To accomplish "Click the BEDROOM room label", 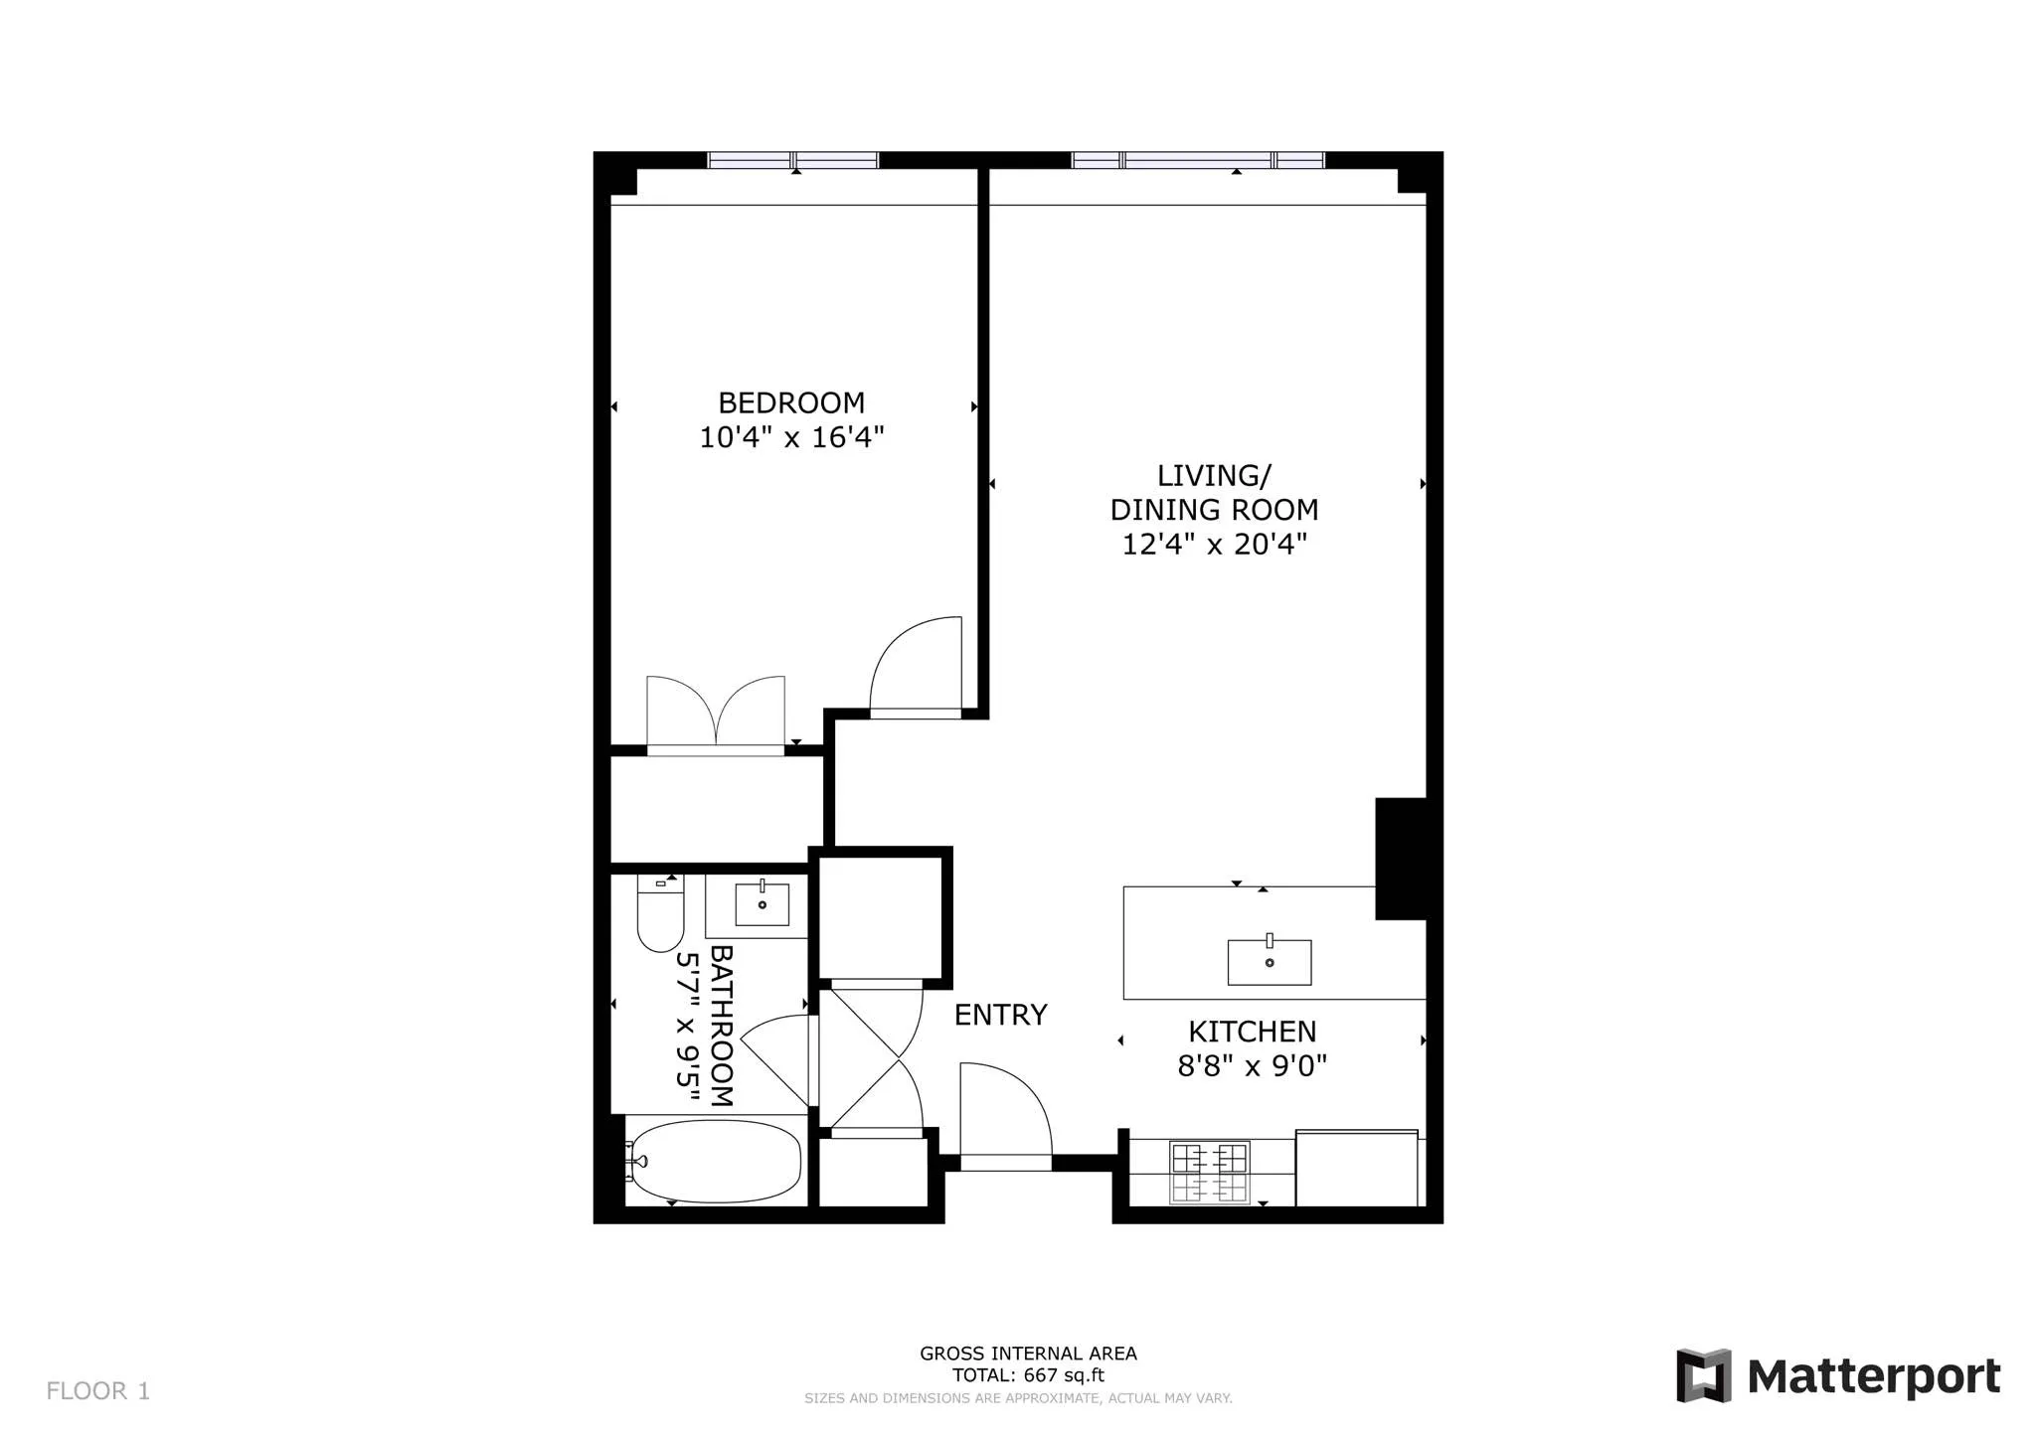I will point(791,402).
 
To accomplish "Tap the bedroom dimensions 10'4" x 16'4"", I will point(791,437).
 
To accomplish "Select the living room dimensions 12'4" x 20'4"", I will point(1214,545).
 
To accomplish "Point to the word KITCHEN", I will point(1252,1032).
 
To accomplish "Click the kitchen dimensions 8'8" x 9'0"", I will point(1252,1066).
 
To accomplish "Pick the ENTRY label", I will point(1000,1015).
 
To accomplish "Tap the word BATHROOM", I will point(721,1026).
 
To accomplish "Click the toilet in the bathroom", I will point(660,914).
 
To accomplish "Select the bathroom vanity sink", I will point(762,903).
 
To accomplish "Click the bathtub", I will point(716,1162).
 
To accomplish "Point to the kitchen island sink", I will point(1269,961).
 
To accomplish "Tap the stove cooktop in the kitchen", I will point(1209,1173).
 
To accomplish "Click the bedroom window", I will point(792,160).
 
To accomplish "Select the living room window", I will point(1198,160).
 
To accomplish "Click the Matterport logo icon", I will point(1703,1375).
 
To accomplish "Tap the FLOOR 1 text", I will point(97,1390).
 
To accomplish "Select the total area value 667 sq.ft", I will point(1060,1375).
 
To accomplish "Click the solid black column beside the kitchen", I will point(1401,859).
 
